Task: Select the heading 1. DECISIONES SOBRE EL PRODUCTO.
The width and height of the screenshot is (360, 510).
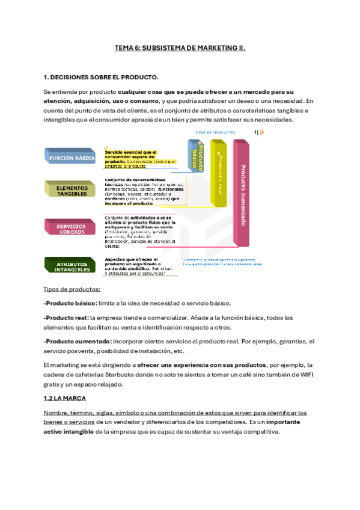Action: click(101, 78)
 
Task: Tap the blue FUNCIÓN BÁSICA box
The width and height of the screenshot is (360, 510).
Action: click(70, 158)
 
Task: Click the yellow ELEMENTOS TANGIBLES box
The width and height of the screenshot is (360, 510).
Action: click(72, 191)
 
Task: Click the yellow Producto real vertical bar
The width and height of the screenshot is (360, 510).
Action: click(219, 174)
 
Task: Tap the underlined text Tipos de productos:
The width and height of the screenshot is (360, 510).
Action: click(72, 289)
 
